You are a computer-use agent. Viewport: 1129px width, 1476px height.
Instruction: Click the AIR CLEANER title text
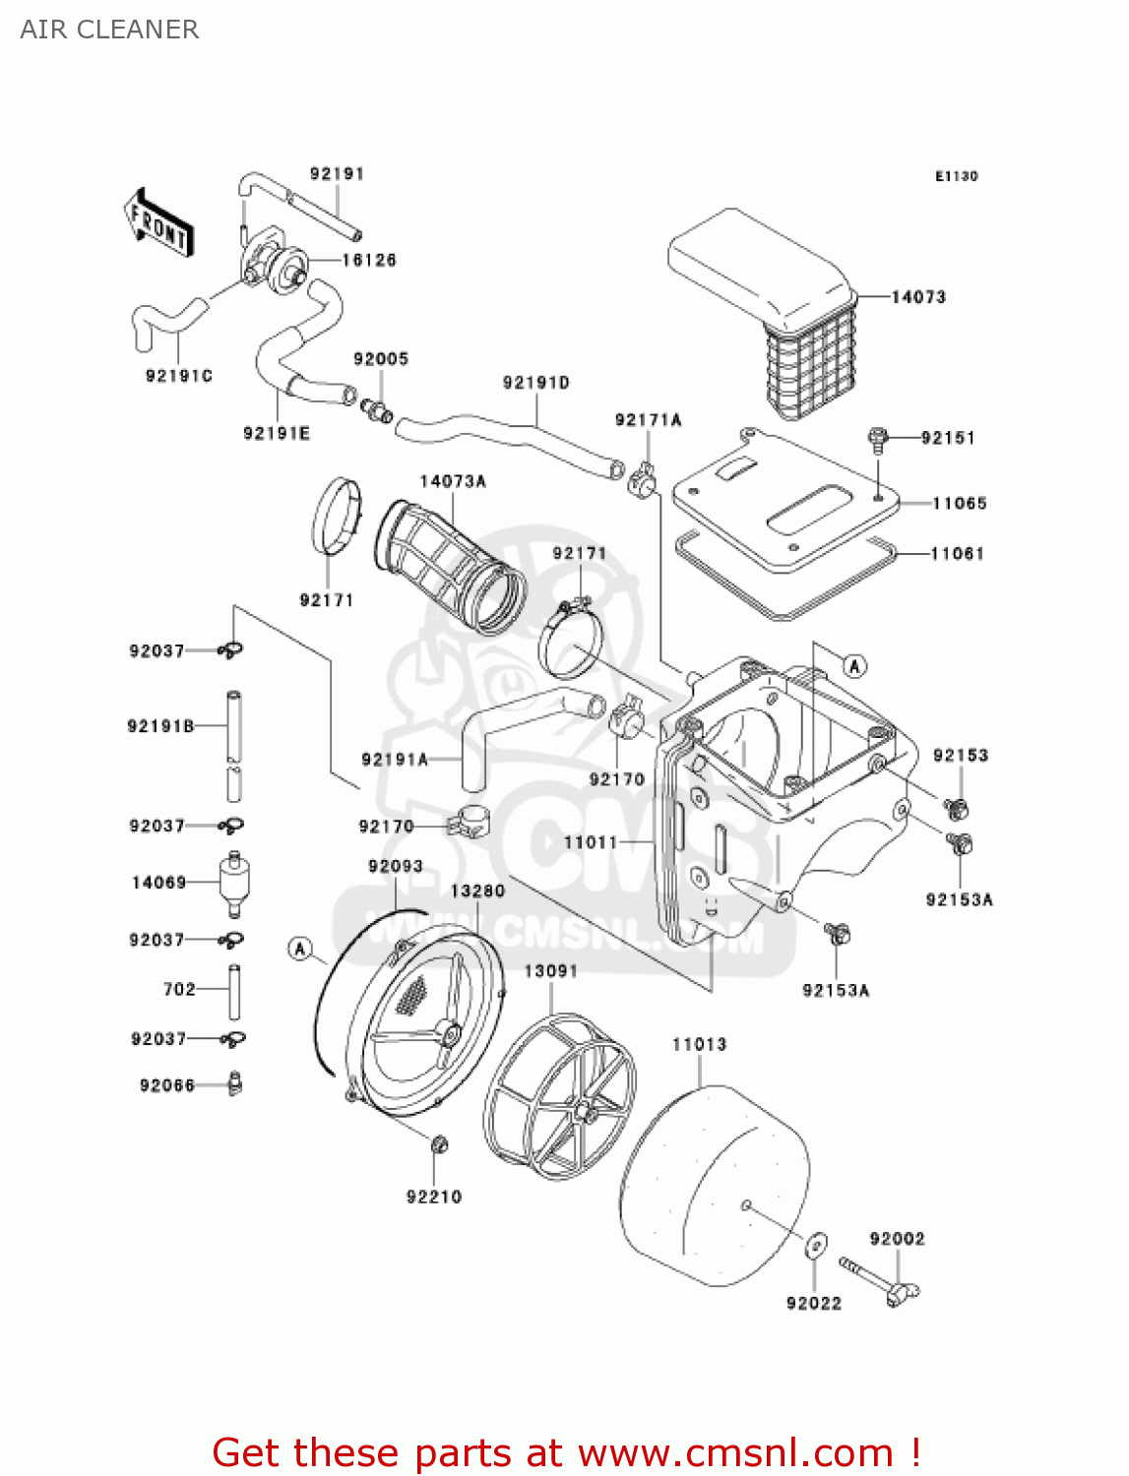tap(109, 30)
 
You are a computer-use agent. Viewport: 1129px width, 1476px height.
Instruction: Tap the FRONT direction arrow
tap(158, 224)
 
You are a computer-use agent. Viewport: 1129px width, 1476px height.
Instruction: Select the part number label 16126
tap(369, 260)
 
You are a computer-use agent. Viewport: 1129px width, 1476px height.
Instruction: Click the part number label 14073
tap(918, 296)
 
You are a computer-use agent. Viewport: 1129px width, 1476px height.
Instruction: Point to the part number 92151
tap(948, 438)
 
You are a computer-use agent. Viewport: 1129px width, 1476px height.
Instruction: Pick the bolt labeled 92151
tap(878, 439)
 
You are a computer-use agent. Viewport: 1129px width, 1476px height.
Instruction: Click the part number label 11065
tap(960, 503)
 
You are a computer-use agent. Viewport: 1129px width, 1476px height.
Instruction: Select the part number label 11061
tap(958, 553)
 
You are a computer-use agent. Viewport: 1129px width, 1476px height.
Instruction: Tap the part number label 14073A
tap(453, 481)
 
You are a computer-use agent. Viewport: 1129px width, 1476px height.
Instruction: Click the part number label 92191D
tap(536, 382)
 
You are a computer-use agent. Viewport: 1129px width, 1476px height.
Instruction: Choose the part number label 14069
tap(159, 883)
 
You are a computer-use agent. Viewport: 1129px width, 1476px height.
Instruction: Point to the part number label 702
tap(179, 989)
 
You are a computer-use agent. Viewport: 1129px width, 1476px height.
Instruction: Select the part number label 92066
tap(167, 1085)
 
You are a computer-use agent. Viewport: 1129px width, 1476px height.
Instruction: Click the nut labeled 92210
tap(440, 1144)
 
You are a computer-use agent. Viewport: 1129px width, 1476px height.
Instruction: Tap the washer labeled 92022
tap(816, 1246)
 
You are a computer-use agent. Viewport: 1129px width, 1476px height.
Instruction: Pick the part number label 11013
tap(699, 1044)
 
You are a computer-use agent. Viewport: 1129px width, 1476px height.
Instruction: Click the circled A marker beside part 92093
tap(300, 950)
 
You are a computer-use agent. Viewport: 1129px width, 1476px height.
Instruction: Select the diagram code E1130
tap(956, 176)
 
